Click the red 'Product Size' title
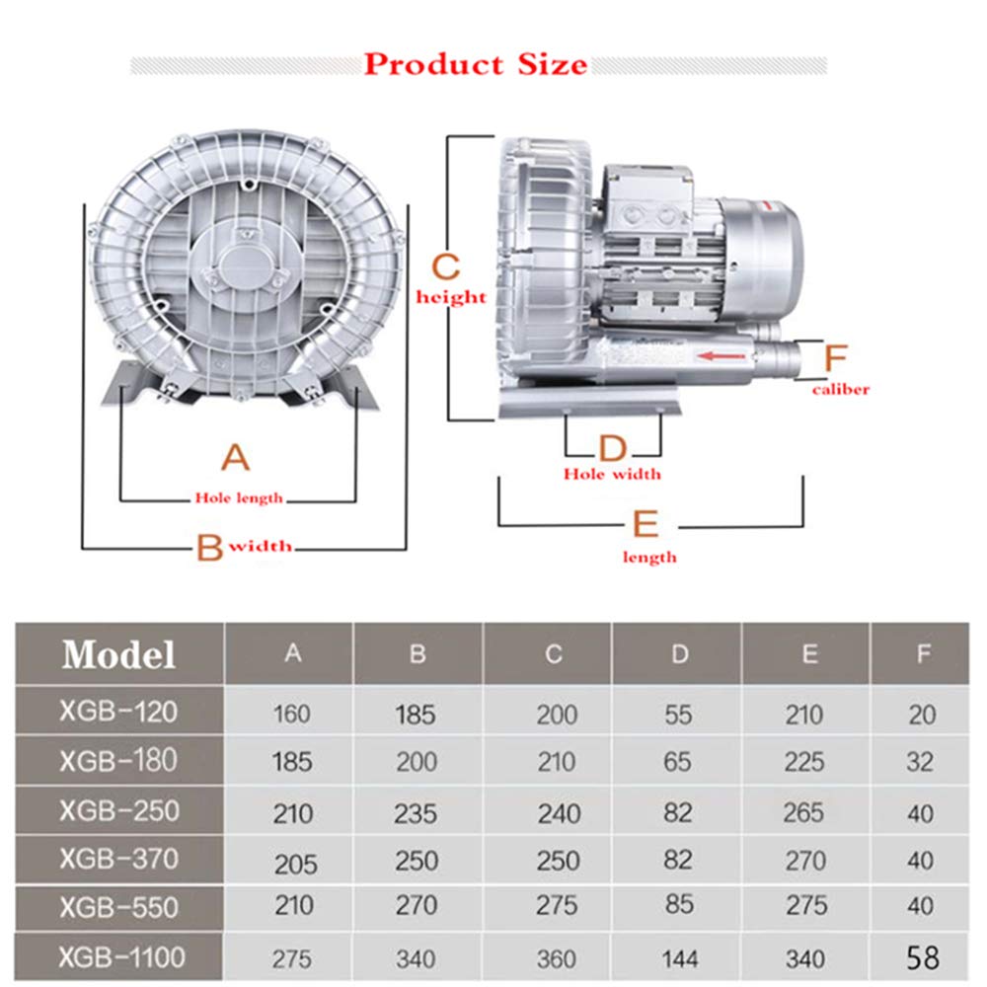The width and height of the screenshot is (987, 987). click(x=476, y=64)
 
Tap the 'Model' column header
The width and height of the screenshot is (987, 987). click(x=118, y=654)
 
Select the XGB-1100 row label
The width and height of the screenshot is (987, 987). click(x=121, y=955)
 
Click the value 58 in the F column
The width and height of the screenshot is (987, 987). click(x=922, y=957)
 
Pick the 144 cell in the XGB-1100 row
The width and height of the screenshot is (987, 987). click(x=678, y=957)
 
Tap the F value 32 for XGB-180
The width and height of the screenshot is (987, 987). click(x=922, y=763)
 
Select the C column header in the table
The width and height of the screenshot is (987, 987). click(x=554, y=654)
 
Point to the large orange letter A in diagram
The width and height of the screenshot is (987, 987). click(x=235, y=458)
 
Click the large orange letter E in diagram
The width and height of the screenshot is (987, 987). click(x=645, y=524)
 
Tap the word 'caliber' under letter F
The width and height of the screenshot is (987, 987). click(x=841, y=389)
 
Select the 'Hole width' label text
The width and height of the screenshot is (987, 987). click(x=612, y=475)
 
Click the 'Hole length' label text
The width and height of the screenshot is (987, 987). click(x=238, y=497)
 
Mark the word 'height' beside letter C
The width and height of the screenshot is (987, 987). click(x=452, y=297)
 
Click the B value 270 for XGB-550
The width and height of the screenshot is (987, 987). click(x=417, y=905)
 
